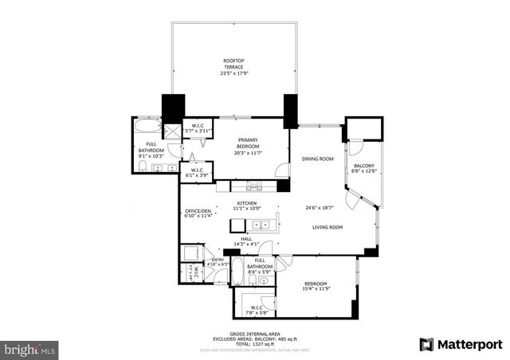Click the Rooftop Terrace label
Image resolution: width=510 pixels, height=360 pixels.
233,68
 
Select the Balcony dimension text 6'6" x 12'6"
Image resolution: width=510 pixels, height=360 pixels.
363,170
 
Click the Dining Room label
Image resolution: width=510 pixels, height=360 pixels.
317,159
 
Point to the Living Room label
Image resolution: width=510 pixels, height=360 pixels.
327,228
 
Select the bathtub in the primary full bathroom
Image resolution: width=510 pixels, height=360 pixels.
149,127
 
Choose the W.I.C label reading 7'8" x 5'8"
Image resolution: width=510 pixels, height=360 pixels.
257,311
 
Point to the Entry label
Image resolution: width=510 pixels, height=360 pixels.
218,261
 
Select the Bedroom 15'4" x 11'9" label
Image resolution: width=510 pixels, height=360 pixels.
316,287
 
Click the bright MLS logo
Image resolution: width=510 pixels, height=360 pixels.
30,349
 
